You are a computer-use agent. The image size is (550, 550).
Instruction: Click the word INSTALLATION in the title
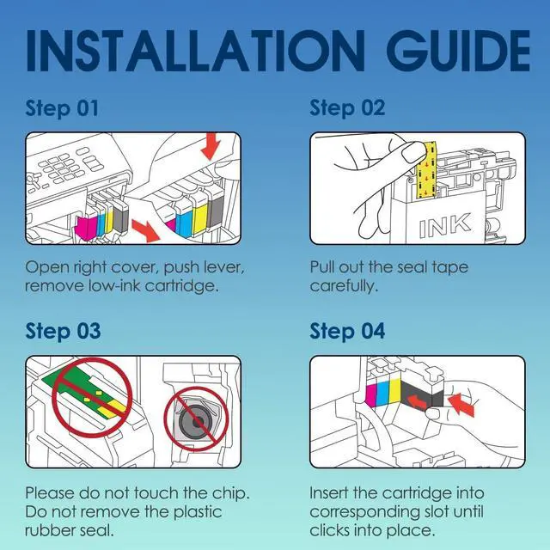pos(196,51)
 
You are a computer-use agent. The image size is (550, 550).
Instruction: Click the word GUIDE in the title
pos(458,51)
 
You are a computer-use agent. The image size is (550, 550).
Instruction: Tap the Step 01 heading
pos(62,108)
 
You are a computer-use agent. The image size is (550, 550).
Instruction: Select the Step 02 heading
pos(347,108)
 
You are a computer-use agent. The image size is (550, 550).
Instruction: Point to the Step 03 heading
pos(63,332)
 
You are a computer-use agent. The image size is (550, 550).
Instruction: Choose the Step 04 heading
pos(347,332)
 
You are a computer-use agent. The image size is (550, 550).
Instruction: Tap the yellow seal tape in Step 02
pos(426,170)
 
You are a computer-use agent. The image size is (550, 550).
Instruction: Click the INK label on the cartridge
pos(444,225)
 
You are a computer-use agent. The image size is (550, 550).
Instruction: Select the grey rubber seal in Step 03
pos(196,421)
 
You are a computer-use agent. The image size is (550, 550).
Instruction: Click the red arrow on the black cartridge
pos(417,401)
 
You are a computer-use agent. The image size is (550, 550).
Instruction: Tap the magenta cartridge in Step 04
pos(370,394)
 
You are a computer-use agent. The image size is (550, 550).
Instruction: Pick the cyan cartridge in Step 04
pos(382,392)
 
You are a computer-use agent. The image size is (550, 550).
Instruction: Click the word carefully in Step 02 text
pos(344,286)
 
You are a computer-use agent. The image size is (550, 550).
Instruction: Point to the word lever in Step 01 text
pos(223,268)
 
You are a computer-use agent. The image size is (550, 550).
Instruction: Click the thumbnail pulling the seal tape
pos(413,153)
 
